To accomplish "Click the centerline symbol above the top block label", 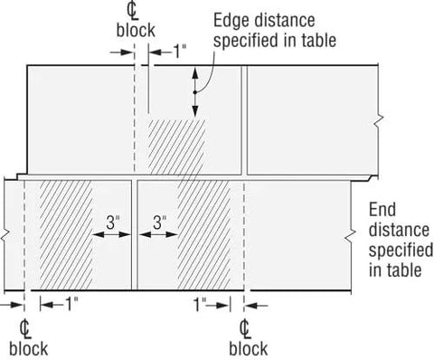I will click(136, 13).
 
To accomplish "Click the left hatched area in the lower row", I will click(63, 231).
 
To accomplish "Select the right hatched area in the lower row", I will click(211, 231).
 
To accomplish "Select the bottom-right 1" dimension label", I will click(202, 306).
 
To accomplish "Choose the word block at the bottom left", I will click(27, 347).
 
